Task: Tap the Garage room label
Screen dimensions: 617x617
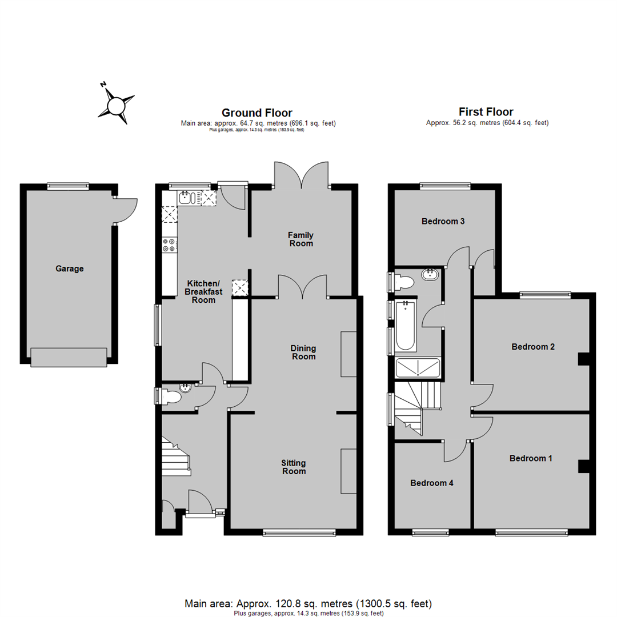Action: click(70, 269)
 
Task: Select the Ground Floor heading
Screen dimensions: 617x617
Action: click(257, 113)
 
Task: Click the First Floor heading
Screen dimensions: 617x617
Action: click(486, 112)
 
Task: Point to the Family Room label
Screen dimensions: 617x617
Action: click(301, 239)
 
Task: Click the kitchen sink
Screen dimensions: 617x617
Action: click(185, 198)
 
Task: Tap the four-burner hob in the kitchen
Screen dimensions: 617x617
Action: click(170, 245)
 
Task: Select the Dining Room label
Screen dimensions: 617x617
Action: click(303, 352)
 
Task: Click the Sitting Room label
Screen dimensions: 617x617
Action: click(294, 467)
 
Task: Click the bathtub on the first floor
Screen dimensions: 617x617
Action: click(406, 326)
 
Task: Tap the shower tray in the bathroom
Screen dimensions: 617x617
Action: click(418, 368)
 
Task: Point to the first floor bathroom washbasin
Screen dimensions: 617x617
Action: click(430, 274)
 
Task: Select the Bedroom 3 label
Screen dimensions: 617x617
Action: click(443, 222)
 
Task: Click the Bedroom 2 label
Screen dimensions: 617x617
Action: click(533, 347)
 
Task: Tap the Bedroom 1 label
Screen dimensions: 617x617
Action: click(531, 458)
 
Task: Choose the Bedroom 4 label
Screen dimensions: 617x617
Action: click(432, 483)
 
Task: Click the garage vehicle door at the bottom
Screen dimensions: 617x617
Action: click(69, 357)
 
